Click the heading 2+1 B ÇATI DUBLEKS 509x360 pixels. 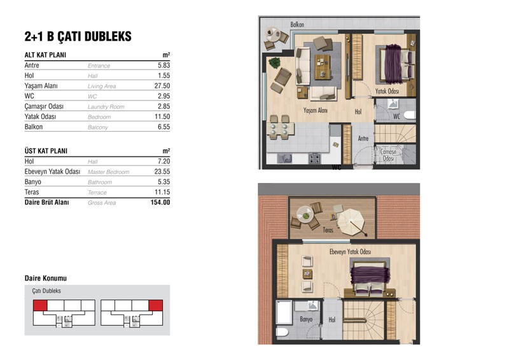click(x=78, y=36)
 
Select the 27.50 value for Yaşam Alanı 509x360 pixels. click(x=162, y=86)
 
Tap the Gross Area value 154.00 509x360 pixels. click(x=160, y=202)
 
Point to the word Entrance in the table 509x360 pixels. click(x=99, y=66)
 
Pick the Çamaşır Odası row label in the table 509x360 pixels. click(x=44, y=106)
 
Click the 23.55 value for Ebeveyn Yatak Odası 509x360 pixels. click(x=162, y=171)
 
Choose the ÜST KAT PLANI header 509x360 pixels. click(x=46, y=151)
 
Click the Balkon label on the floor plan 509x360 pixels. click(x=297, y=24)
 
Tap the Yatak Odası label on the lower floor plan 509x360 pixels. click(x=387, y=91)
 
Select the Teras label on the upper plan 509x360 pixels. click(x=328, y=230)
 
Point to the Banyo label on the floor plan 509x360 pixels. click(x=306, y=319)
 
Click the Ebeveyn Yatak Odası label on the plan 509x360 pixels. click(x=350, y=252)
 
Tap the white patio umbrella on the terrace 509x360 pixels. click(x=351, y=222)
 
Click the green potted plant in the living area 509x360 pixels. click(x=275, y=63)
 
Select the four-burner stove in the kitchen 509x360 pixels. click(x=314, y=158)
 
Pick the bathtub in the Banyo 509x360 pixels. click(x=284, y=312)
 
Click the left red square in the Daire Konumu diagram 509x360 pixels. click(x=40, y=305)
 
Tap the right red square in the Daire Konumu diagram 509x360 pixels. click(x=155, y=305)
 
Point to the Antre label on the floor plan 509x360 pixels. click(x=363, y=139)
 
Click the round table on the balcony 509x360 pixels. click(x=273, y=34)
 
